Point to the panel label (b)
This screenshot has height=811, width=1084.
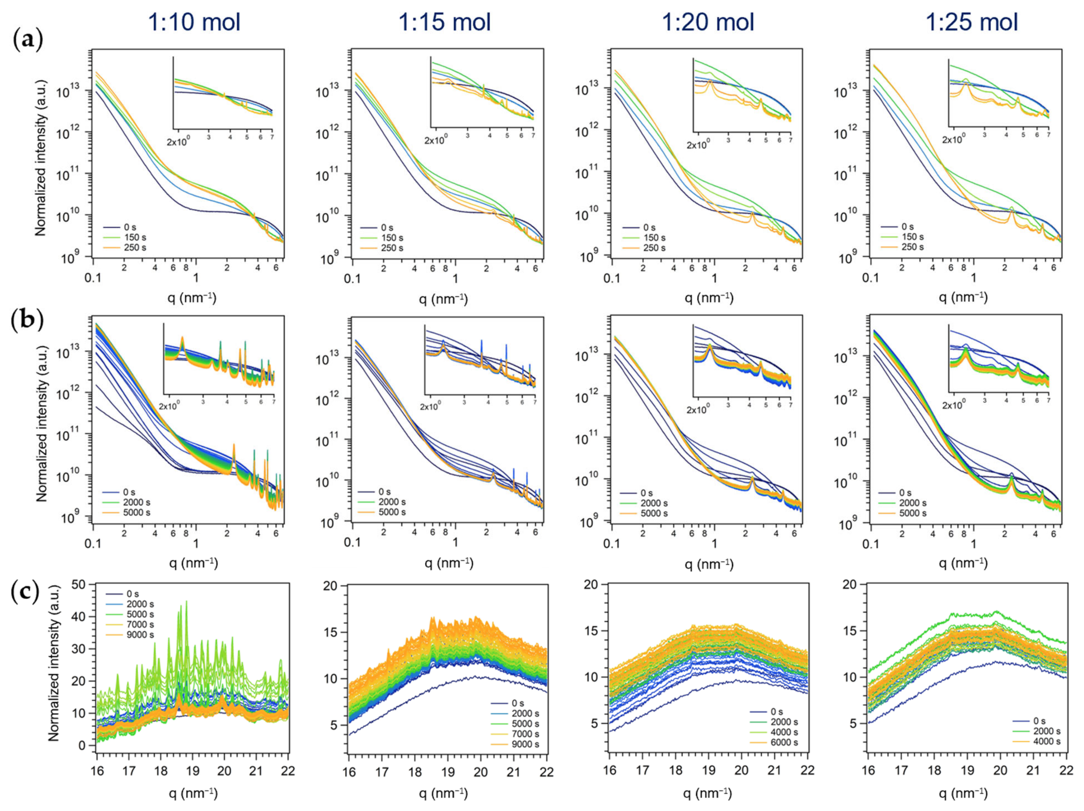(27, 321)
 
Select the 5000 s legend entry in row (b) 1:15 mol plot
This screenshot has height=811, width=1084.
(392, 512)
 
